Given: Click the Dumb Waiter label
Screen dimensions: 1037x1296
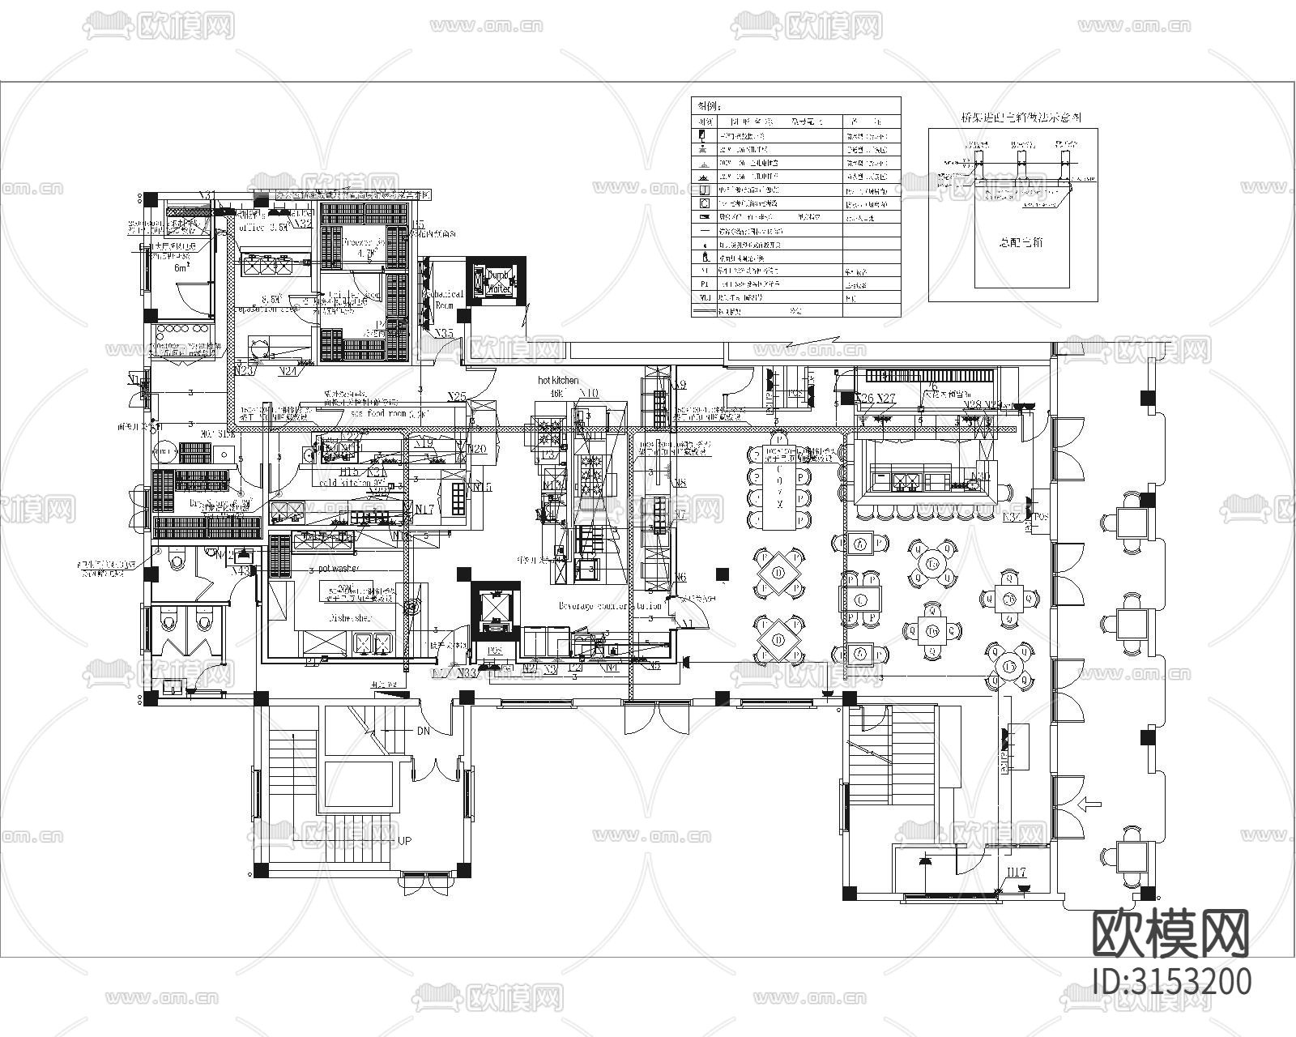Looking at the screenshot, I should pos(498,282).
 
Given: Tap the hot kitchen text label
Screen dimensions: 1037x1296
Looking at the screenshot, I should pos(559,380).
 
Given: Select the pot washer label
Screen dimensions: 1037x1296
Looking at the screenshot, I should pos(339,569).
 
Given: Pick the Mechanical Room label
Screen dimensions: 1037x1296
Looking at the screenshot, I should pos(446,300).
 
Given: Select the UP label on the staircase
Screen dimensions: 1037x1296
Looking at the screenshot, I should pos(405,842).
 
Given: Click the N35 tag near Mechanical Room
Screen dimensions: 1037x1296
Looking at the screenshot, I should pos(444,333).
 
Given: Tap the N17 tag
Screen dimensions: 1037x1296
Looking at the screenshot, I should pos(424,509).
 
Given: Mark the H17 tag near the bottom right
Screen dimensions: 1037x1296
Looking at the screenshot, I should pos(1017,873).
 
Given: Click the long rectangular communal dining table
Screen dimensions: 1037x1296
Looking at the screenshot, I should pos(779,486).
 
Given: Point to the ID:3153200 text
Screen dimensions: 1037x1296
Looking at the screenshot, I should pos(1171,981).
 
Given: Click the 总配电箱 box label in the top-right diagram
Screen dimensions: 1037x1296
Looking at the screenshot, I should pos(1013,241).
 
